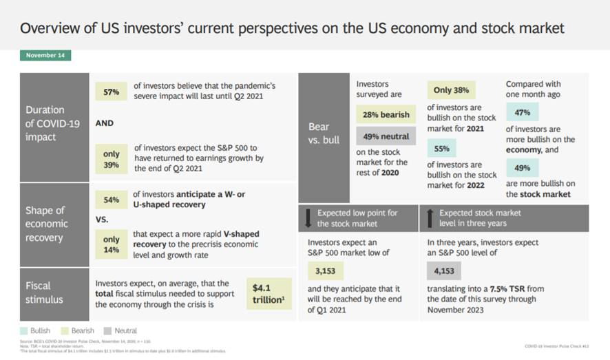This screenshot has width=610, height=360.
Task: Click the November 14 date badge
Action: coord(45,55)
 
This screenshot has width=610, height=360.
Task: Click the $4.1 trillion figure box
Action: coord(269,293)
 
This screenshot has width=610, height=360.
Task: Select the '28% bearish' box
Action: coord(383,114)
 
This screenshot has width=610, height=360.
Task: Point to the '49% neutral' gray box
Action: coord(383,136)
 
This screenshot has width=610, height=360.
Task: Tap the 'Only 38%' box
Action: coord(451,90)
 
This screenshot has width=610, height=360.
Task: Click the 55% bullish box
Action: coord(441,148)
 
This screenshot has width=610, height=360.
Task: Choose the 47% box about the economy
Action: coord(522,112)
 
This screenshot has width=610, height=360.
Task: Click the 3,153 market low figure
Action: coord(324,271)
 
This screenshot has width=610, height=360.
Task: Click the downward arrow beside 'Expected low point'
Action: coord(308,218)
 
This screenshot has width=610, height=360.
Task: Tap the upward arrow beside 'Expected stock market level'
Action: coord(430,218)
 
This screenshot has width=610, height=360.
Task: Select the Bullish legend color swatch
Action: coord(25,331)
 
